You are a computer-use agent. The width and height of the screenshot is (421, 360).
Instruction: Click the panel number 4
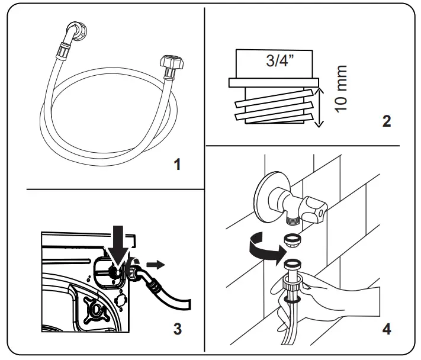[x=387, y=327]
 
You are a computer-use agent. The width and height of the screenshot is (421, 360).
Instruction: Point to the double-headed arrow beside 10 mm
[x=319, y=107]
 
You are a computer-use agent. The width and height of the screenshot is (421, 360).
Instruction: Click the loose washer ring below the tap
[x=292, y=240]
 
